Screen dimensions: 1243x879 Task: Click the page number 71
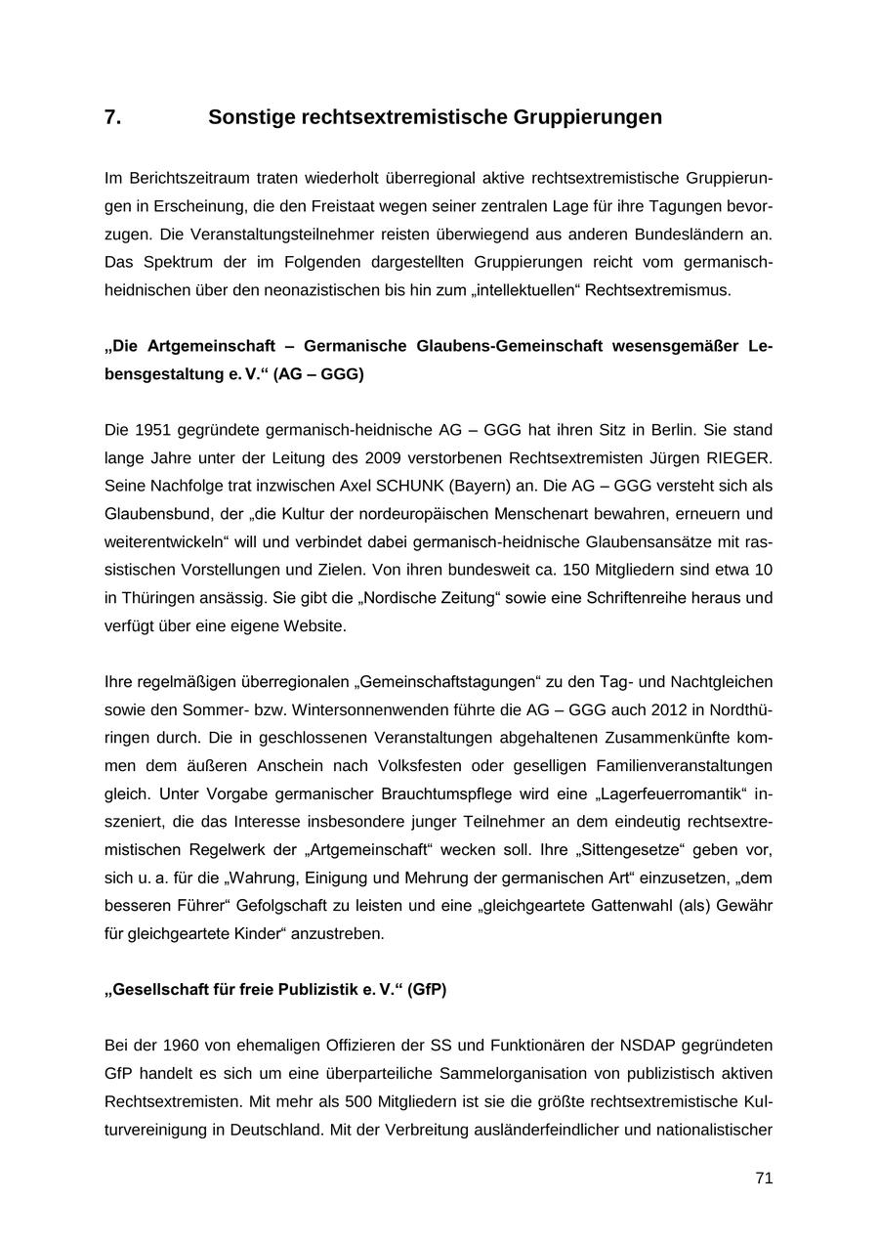tap(764, 1178)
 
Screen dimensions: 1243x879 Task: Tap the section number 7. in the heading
tap(113, 117)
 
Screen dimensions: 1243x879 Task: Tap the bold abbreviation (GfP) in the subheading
tap(427, 989)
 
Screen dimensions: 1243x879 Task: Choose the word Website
tap(315, 625)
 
